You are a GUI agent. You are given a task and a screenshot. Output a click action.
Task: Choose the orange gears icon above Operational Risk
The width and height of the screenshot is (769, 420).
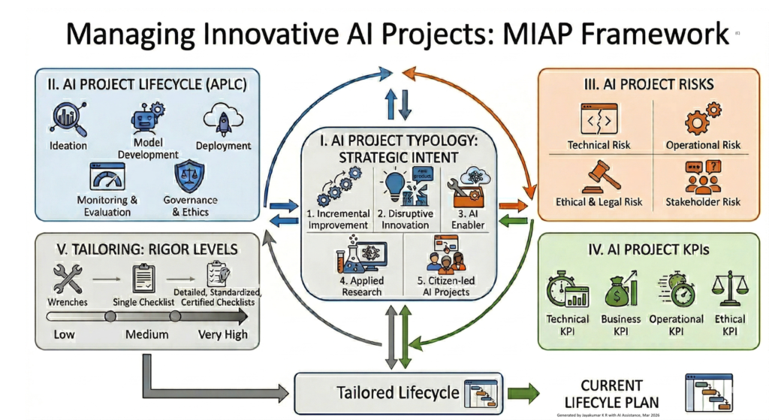tap(702, 119)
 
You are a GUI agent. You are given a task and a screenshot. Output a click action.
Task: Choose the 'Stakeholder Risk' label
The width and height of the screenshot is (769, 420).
tap(702, 201)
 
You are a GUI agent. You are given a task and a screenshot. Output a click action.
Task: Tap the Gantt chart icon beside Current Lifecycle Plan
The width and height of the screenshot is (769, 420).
tap(705, 391)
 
